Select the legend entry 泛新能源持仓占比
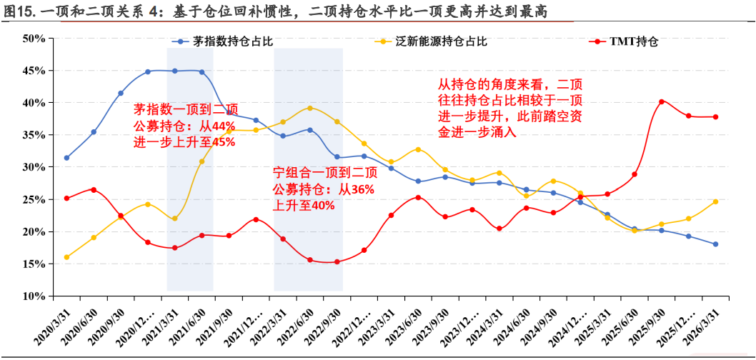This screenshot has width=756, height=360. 431,41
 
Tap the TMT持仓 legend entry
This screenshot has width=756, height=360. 624,42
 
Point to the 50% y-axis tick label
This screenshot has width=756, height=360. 34,39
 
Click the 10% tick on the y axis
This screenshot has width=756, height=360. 34,296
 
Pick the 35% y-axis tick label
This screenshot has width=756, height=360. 34,135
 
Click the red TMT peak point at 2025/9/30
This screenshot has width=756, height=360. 662,101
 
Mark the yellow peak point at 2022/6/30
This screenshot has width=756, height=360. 310,108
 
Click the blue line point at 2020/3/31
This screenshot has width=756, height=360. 66,158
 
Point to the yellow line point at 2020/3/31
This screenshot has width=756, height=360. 66,257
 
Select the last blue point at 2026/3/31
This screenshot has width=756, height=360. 715,244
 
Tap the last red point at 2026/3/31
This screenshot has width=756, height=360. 715,116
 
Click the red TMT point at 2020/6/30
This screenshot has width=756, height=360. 94,190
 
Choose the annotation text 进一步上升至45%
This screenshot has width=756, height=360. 184,143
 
